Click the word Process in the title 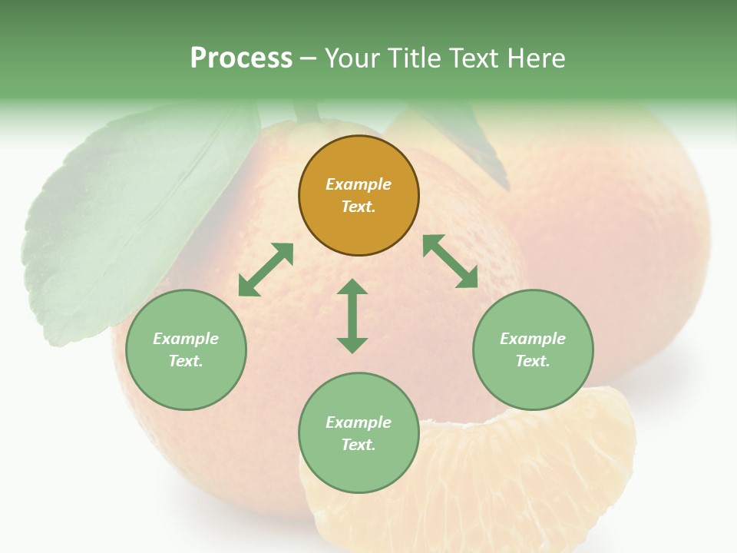pos(241,58)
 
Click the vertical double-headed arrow pos(352,316)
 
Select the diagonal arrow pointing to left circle pos(266,270)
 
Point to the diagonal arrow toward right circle pos(451,262)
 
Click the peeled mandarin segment pos(491,476)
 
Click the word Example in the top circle pos(359,184)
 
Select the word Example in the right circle pos(533,339)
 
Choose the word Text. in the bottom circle pos(359,445)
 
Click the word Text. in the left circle pos(186,361)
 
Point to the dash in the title pos(309,58)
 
